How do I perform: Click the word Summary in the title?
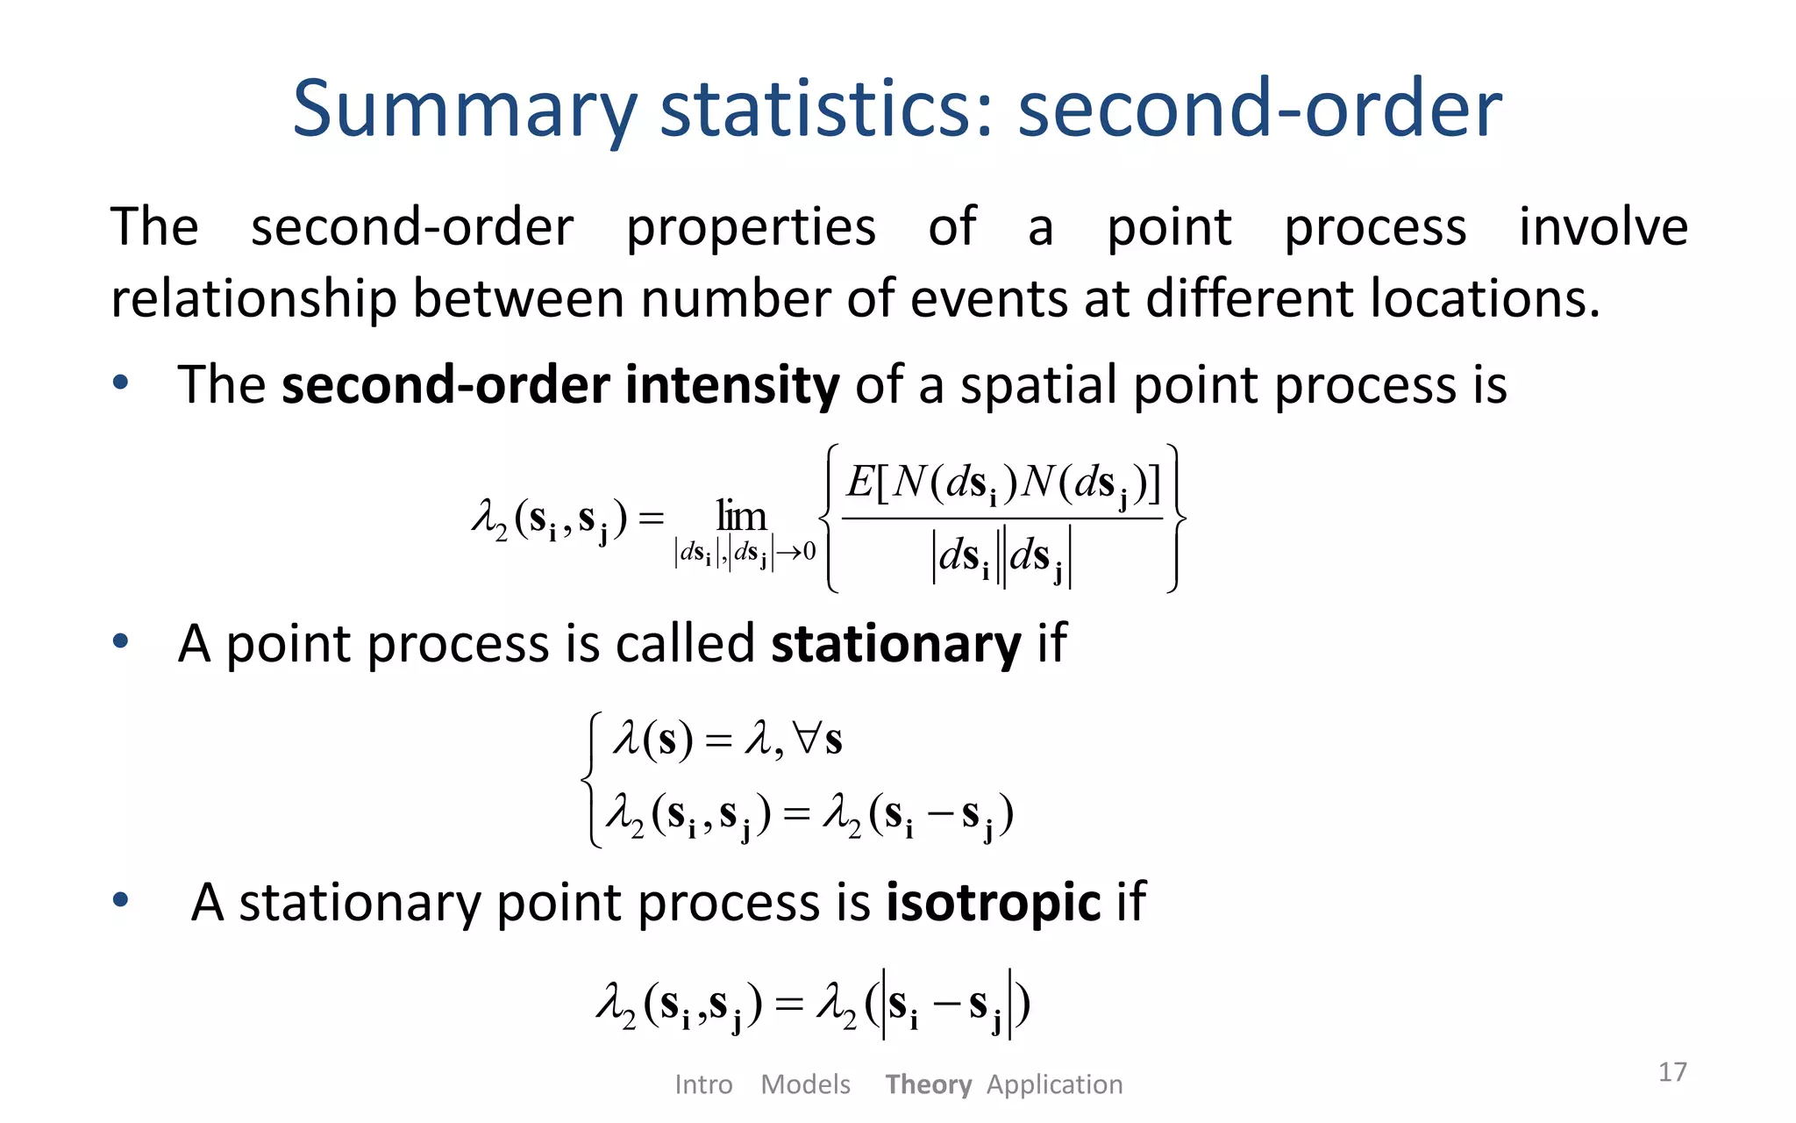point(465,110)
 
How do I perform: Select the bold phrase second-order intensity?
point(560,385)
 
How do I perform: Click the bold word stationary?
point(895,643)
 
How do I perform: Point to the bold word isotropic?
point(993,902)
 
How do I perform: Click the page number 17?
point(1672,1071)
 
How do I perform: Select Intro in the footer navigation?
point(703,1084)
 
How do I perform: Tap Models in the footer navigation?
point(805,1084)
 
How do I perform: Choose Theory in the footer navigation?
point(928,1084)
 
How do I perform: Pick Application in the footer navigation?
point(1054,1084)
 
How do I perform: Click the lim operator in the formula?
point(741,516)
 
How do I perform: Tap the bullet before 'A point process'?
point(120,641)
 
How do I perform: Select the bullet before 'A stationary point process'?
point(120,899)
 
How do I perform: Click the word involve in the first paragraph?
point(1603,227)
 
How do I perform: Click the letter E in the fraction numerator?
point(860,482)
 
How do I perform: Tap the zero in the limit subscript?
point(809,552)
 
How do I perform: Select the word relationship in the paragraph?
point(253,299)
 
